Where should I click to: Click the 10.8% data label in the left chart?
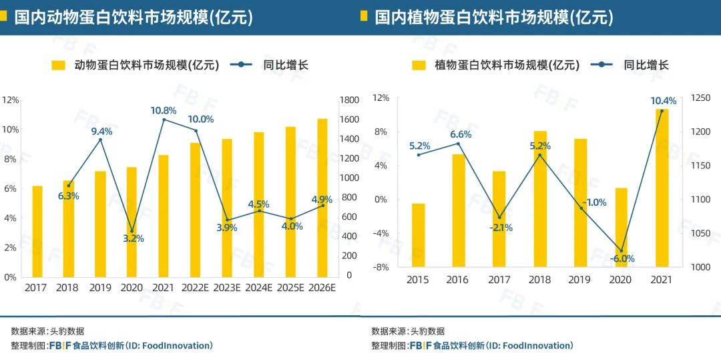[164, 110]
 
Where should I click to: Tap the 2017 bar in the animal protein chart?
[37, 231]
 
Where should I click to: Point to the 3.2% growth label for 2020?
[134, 238]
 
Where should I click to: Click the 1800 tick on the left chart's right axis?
[350, 100]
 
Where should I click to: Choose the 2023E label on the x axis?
[227, 288]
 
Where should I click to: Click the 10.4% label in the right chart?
[664, 101]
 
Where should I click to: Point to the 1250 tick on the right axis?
[701, 98]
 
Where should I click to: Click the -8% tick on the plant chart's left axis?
[380, 267]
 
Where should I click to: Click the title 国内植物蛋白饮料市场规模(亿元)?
[493, 17]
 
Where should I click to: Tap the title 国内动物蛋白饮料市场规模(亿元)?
[134, 17]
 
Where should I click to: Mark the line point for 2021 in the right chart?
[662, 111]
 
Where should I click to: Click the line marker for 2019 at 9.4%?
[101, 140]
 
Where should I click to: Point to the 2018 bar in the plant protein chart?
[540, 199]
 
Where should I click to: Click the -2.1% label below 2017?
[501, 227]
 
